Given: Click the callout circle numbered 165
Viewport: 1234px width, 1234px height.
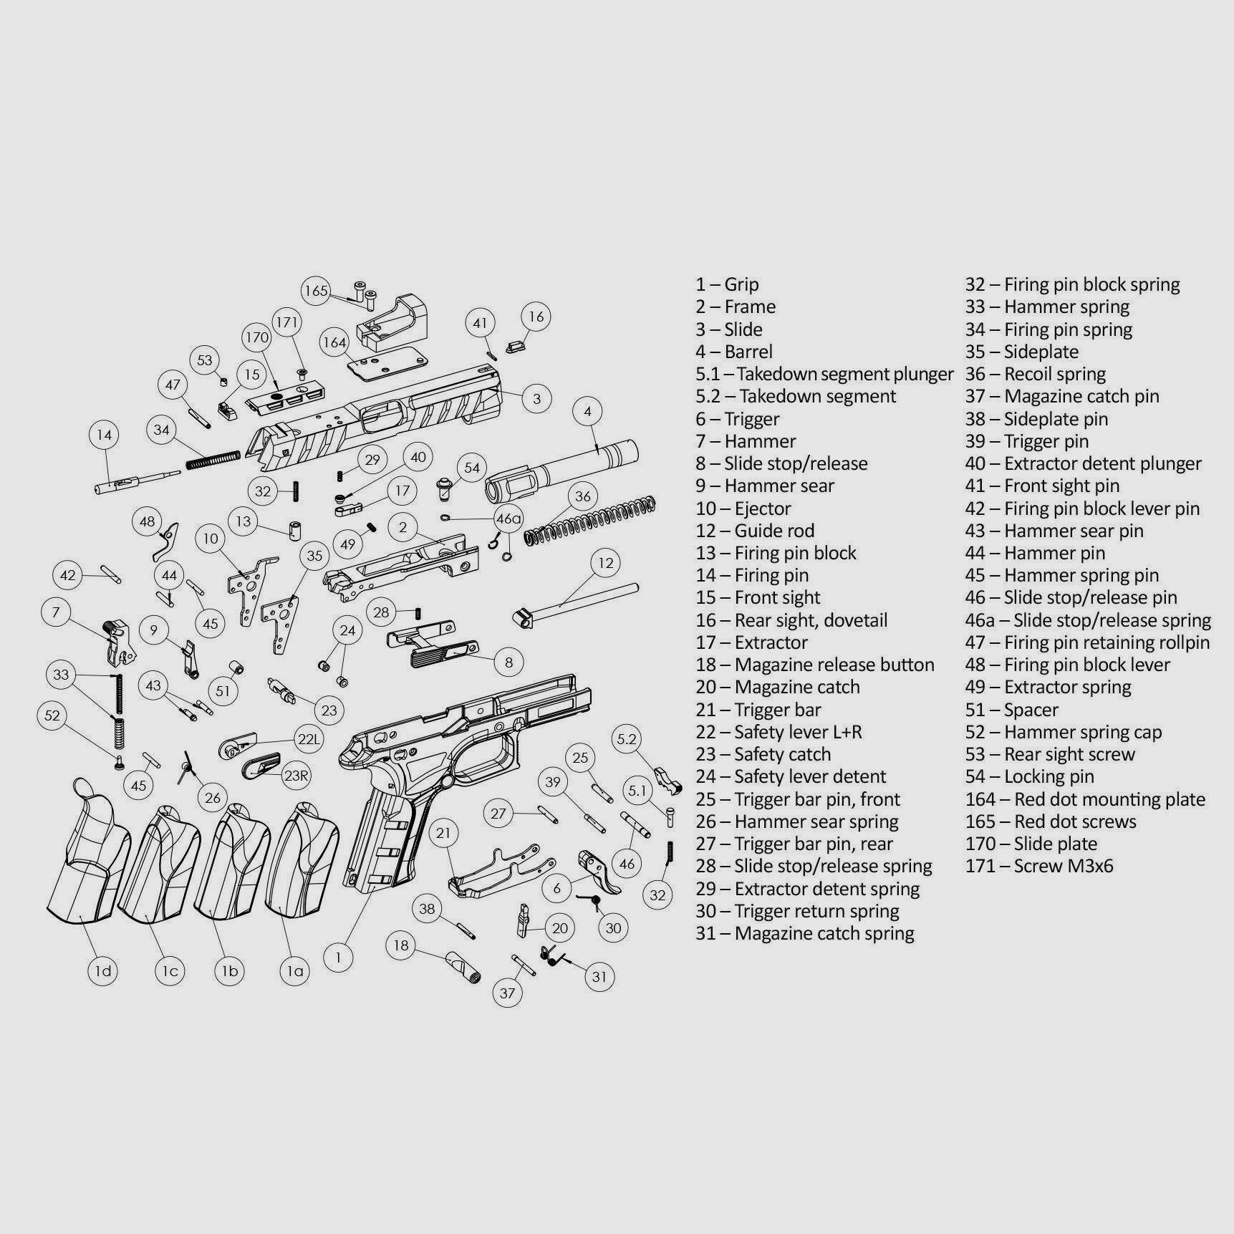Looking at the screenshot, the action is (316, 291).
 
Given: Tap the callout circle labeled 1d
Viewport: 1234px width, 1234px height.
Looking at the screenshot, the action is (103, 971).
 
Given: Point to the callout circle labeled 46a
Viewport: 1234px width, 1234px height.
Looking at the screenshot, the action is (508, 519).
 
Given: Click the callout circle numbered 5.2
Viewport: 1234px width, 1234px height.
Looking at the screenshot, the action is (627, 739).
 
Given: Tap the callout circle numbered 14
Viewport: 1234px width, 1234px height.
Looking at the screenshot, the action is (105, 435).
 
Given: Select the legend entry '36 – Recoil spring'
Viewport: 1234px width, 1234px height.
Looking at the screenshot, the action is (1036, 374).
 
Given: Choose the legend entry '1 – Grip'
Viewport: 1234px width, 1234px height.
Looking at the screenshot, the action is (727, 284).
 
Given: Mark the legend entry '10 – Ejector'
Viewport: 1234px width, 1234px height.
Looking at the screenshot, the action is (743, 508).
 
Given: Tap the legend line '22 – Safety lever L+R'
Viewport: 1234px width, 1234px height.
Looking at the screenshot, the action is (779, 732).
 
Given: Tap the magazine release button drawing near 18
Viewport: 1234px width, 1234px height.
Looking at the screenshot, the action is (464, 968).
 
